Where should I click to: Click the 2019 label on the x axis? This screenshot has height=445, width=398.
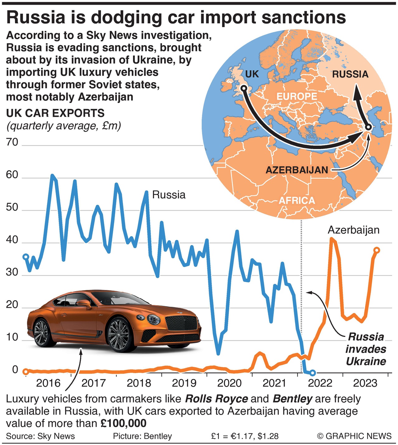click(x=184, y=383)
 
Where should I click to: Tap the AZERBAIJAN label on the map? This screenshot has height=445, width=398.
click(x=296, y=170)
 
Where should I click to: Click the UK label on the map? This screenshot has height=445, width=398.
click(x=252, y=74)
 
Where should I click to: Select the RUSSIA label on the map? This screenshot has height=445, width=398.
click(x=350, y=74)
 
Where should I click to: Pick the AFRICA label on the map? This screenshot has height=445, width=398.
click(x=296, y=200)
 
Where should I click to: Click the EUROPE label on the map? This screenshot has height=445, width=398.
click(x=296, y=96)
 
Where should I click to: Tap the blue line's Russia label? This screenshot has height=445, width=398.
click(x=169, y=195)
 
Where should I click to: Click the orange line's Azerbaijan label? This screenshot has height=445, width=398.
click(x=353, y=230)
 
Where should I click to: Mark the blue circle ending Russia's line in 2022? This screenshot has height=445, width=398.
click(x=313, y=372)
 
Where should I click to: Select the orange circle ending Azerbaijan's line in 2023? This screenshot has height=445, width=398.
click(x=377, y=250)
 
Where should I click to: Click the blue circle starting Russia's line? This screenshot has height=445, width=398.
click(x=26, y=257)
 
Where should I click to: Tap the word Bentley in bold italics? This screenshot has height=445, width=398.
click(x=292, y=399)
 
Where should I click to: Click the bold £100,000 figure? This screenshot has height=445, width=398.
click(x=123, y=424)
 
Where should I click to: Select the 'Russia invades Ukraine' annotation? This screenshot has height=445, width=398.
click(x=366, y=349)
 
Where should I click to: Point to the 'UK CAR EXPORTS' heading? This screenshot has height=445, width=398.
click(x=55, y=113)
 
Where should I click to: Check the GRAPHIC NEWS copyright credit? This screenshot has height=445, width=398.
click(x=354, y=436)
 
